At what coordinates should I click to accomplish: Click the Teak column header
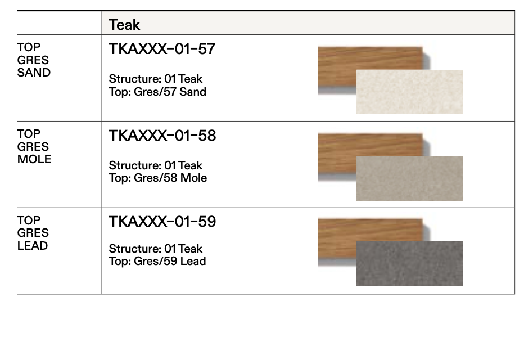click(124, 25)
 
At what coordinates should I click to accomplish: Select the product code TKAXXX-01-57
click(162, 49)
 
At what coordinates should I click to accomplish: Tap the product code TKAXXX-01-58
click(162, 136)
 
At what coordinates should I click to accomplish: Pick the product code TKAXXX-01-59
click(162, 222)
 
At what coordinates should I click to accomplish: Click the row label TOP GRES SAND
click(34, 60)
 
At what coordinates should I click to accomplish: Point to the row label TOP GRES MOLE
click(34, 146)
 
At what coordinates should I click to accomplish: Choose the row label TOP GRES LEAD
click(33, 233)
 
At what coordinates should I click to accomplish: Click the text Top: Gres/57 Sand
click(157, 92)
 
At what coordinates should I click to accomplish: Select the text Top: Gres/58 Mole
click(157, 178)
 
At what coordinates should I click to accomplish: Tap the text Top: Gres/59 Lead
click(157, 262)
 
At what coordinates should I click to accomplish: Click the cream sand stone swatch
click(409, 92)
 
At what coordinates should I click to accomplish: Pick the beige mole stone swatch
click(409, 179)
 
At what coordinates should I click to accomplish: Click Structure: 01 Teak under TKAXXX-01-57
click(155, 79)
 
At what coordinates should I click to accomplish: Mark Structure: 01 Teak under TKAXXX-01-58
click(155, 166)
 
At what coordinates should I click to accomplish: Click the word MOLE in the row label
click(34, 159)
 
